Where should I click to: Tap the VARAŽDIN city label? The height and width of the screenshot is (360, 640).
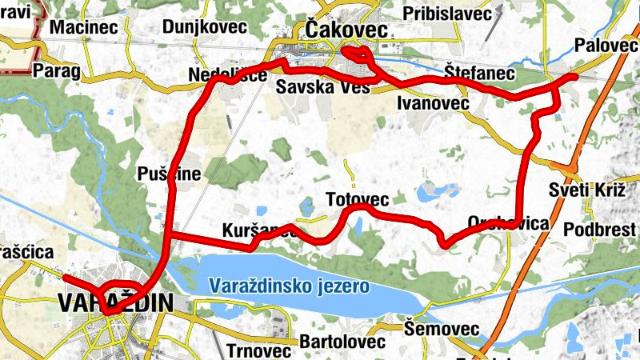(116, 303)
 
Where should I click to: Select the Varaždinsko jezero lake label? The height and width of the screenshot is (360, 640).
(288, 286)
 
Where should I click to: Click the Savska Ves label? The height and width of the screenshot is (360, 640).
(322, 86)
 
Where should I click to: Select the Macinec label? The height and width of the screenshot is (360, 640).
(79, 27)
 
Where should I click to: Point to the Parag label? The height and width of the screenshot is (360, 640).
(57, 71)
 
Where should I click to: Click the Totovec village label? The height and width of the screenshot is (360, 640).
(358, 198)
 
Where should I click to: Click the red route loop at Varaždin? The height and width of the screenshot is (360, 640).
(124, 293)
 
